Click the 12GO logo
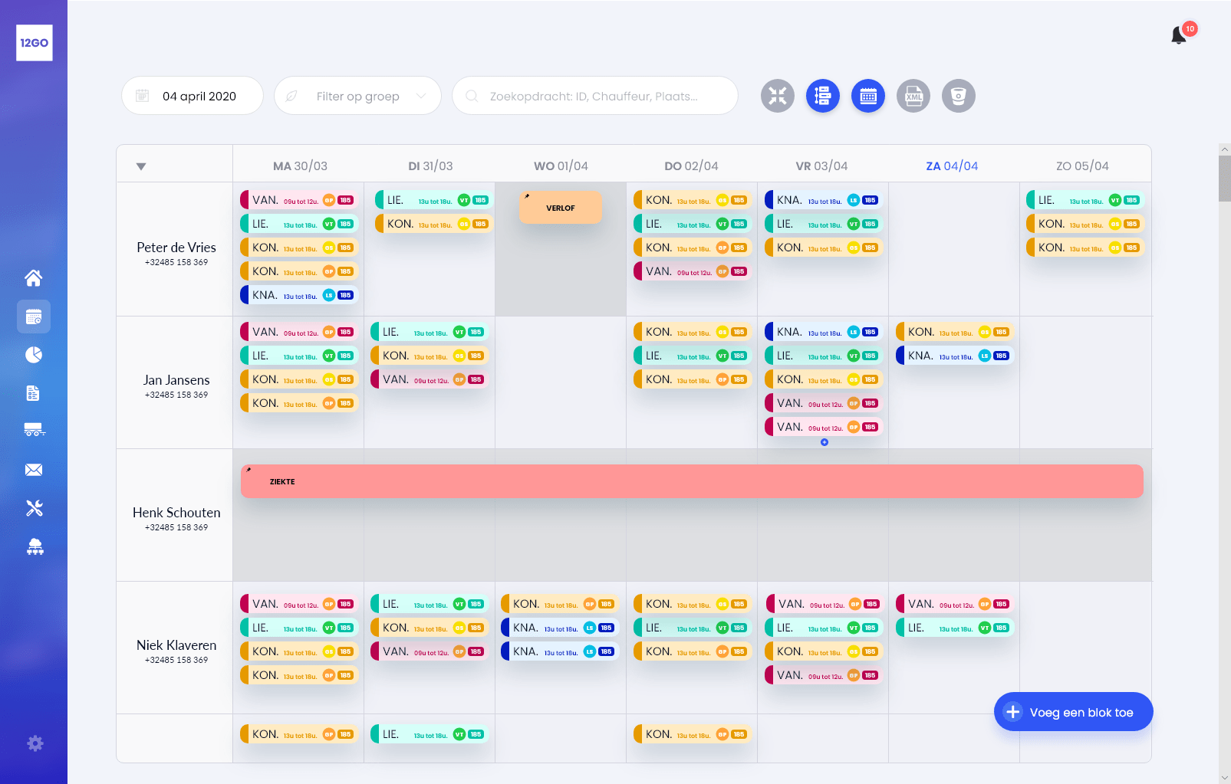tap(35, 43)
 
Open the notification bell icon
tap(1179, 35)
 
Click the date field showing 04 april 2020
tap(193, 96)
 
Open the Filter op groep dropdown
tap(357, 96)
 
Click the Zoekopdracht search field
tap(594, 96)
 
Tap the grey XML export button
tap(913, 96)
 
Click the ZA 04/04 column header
tap(952, 166)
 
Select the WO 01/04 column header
tap(561, 166)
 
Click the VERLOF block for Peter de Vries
tap(561, 208)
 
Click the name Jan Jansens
tap(176, 380)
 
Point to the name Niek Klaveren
tap(176, 645)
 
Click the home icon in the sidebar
tap(34, 277)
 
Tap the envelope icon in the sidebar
tap(34, 470)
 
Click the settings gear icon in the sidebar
tap(35, 743)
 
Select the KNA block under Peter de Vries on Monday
tap(299, 295)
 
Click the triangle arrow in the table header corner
tap(141, 166)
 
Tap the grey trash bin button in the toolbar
tap(959, 96)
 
